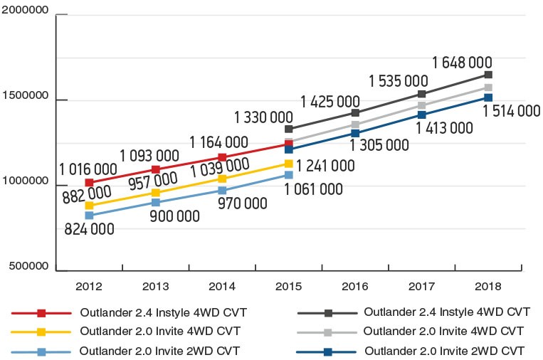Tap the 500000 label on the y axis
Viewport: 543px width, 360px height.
tap(29, 267)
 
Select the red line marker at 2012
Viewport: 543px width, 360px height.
tap(89, 183)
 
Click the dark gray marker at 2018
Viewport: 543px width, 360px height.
tap(487, 75)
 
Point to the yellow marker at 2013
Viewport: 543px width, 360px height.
tap(156, 193)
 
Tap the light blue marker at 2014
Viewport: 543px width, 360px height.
tap(222, 190)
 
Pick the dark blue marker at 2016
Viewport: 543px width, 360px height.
tap(355, 133)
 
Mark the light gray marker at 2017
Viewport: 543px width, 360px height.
tap(421, 105)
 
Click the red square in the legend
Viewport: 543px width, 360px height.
tap(41, 313)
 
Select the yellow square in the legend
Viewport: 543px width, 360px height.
tap(41, 332)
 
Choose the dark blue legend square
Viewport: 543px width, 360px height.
tap(328, 351)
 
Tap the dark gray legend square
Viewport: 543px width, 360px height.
tap(328, 313)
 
